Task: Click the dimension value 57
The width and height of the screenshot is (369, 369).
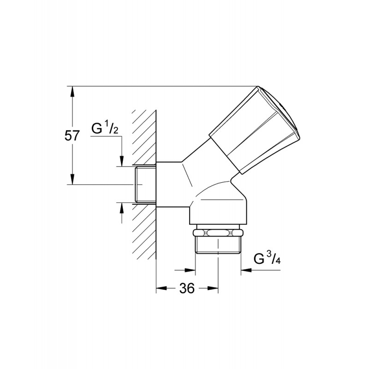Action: (72, 136)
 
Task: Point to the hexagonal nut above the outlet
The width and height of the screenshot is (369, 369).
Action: (217, 233)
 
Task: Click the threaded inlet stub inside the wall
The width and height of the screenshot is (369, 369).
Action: (146, 184)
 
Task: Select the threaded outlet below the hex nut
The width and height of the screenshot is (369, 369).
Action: (218, 245)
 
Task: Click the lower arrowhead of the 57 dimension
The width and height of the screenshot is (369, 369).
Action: (72, 179)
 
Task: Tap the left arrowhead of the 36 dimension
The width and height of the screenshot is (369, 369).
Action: (162, 288)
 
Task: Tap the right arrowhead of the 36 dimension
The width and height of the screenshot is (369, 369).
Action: (213, 288)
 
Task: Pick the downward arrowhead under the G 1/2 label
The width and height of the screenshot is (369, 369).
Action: (122, 161)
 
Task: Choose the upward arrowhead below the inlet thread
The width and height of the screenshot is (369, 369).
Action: (122, 208)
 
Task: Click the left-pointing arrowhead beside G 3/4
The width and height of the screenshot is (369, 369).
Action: (246, 270)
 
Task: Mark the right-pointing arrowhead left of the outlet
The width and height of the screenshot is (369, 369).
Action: (190, 270)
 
